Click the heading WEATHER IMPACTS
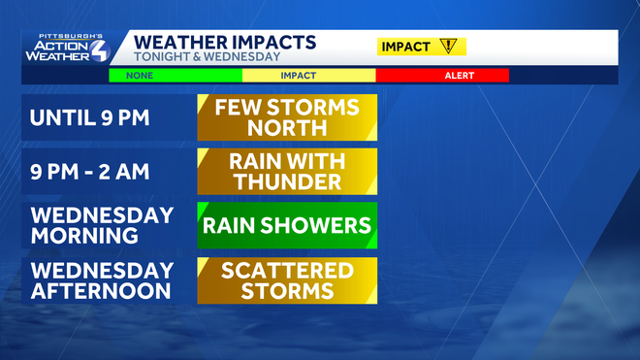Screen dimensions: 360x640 (x=224, y=42)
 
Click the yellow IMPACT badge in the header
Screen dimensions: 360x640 (x=420, y=47)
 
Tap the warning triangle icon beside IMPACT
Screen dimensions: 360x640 (x=448, y=47)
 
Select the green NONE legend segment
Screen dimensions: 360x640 (x=175, y=75)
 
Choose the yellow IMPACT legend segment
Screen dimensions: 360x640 (x=307, y=75)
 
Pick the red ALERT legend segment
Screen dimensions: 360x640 (x=441, y=75)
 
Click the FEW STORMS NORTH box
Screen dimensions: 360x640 (x=287, y=118)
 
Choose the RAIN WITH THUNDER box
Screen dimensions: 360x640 (x=287, y=172)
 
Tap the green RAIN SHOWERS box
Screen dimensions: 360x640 (x=287, y=225)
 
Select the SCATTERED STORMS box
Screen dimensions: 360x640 (x=287, y=279)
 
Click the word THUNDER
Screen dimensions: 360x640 (x=287, y=182)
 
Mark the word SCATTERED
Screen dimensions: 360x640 (x=287, y=269)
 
